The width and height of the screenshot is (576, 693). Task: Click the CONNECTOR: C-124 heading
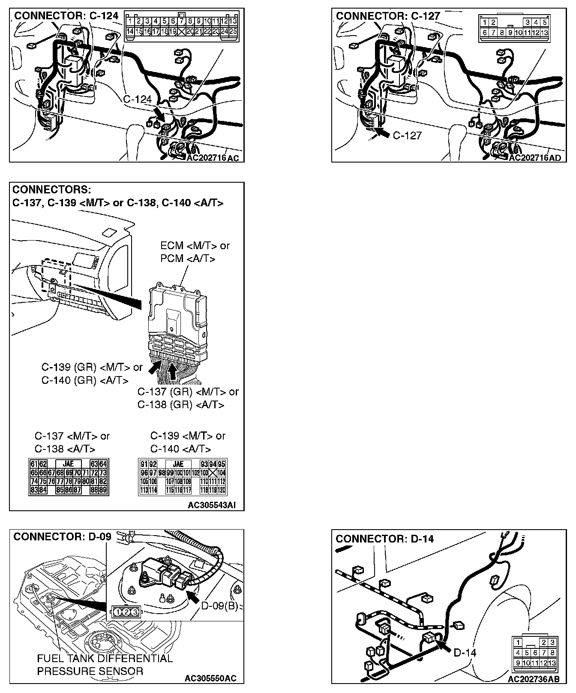tap(66, 16)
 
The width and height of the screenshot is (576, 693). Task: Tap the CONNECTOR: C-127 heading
tap(388, 16)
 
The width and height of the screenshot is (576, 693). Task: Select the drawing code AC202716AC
tap(213, 158)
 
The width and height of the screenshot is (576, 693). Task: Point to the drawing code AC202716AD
tap(534, 158)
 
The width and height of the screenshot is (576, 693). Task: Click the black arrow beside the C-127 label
tap(383, 134)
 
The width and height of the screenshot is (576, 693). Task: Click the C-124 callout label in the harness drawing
tap(137, 99)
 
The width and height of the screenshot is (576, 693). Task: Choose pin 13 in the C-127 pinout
tap(544, 33)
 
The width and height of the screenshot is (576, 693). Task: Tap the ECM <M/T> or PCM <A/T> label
tap(195, 252)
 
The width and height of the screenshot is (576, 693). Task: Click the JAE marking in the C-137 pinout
tap(68, 464)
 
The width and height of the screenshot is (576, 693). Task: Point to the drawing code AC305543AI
tap(212, 505)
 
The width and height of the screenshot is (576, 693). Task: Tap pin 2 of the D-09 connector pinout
tap(126, 612)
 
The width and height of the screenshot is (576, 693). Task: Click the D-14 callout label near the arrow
tap(465, 653)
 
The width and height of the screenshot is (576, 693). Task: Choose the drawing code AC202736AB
tap(534, 679)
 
